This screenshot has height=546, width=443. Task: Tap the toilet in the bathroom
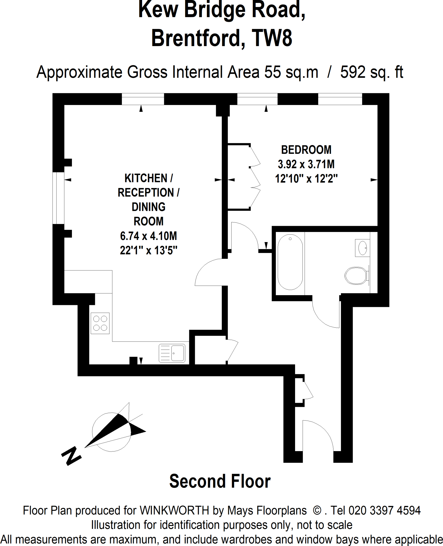(x=356, y=275)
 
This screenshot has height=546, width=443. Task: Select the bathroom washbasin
(x=362, y=248)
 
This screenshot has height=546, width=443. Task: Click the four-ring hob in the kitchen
(x=100, y=323)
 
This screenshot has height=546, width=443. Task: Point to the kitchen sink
(x=172, y=353)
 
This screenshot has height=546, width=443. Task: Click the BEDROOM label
(x=306, y=150)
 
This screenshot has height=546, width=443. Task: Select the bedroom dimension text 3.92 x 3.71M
(x=306, y=164)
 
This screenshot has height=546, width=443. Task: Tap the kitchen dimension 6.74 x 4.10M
(x=148, y=236)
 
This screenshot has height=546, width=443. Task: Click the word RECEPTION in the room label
(x=146, y=192)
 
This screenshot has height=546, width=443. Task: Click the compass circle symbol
(x=111, y=432)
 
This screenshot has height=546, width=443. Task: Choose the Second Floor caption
(x=220, y=481)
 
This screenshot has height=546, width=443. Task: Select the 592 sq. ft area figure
(x=372, y=72)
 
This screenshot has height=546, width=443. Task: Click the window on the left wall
(x=58, y=198)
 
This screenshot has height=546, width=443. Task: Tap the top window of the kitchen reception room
(x=143, y=99)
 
